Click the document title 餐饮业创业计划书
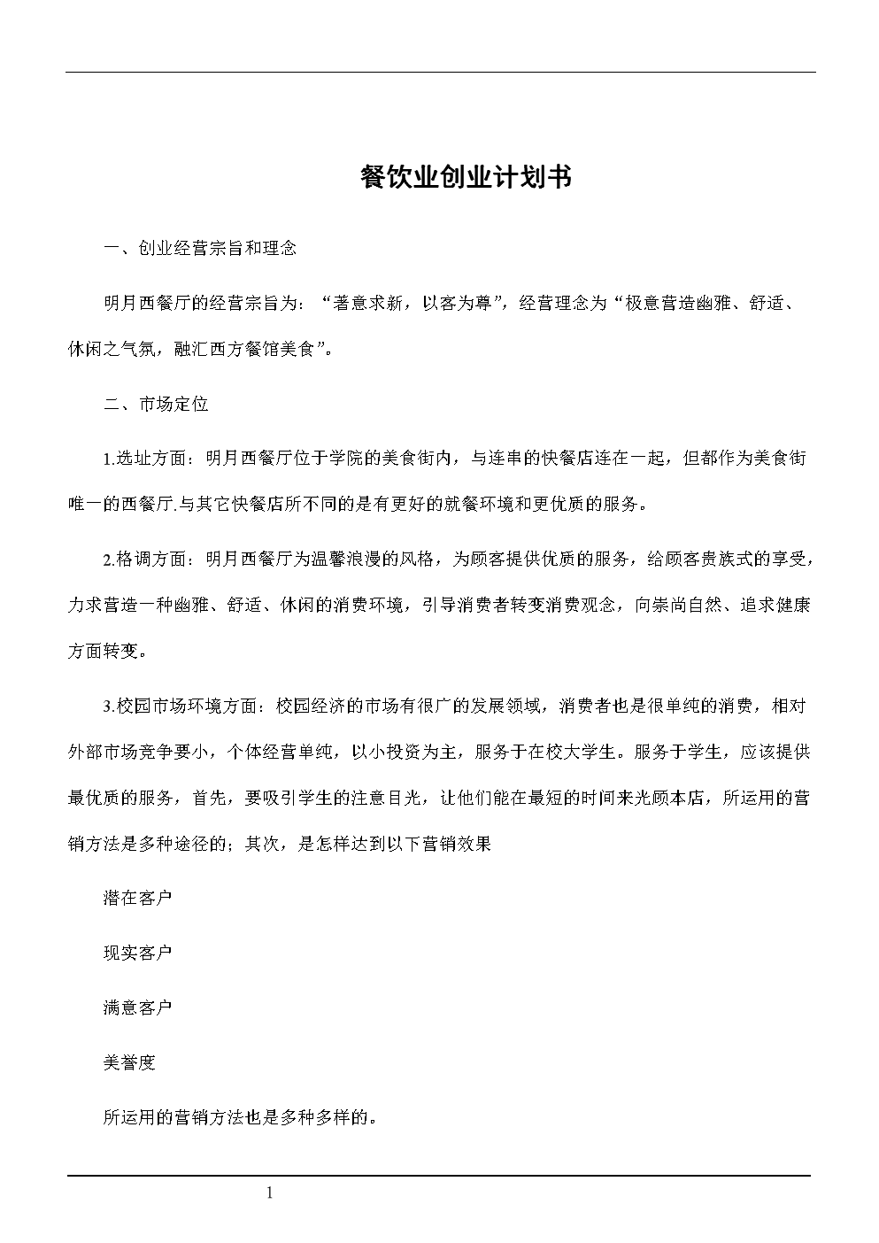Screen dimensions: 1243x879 (x=466, y=177)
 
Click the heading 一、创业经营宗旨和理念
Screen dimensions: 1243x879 (x=200, y=248)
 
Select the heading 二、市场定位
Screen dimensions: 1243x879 (x=156, y=405)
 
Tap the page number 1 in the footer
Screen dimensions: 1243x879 (x=270, y=1193)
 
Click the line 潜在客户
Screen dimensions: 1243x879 (x=137, y=898)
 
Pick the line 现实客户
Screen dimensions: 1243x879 (x=137, y=953)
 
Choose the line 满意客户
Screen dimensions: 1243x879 (x=137, y=1008)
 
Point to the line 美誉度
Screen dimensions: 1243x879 (x=129, y=1062)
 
